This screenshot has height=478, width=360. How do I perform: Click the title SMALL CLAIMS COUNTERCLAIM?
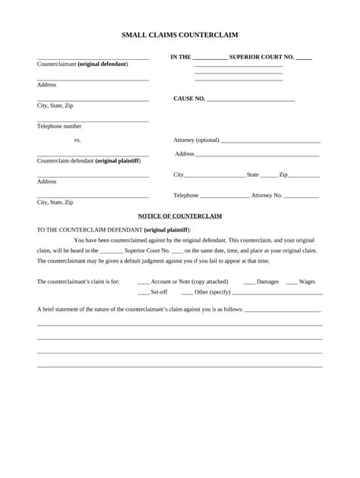click(179, 35)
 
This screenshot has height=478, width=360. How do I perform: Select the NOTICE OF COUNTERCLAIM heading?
click(180, 216)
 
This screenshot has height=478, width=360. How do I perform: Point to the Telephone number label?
click(59, 126)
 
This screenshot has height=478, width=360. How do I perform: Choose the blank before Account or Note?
click(144, 283)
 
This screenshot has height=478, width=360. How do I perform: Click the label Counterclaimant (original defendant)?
click(83, 64)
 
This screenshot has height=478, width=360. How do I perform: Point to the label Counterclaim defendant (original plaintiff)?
click(89, 161)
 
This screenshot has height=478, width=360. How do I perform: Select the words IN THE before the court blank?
click(181, 57)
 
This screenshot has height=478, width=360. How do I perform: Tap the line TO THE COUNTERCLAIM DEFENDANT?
click(114, 229)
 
